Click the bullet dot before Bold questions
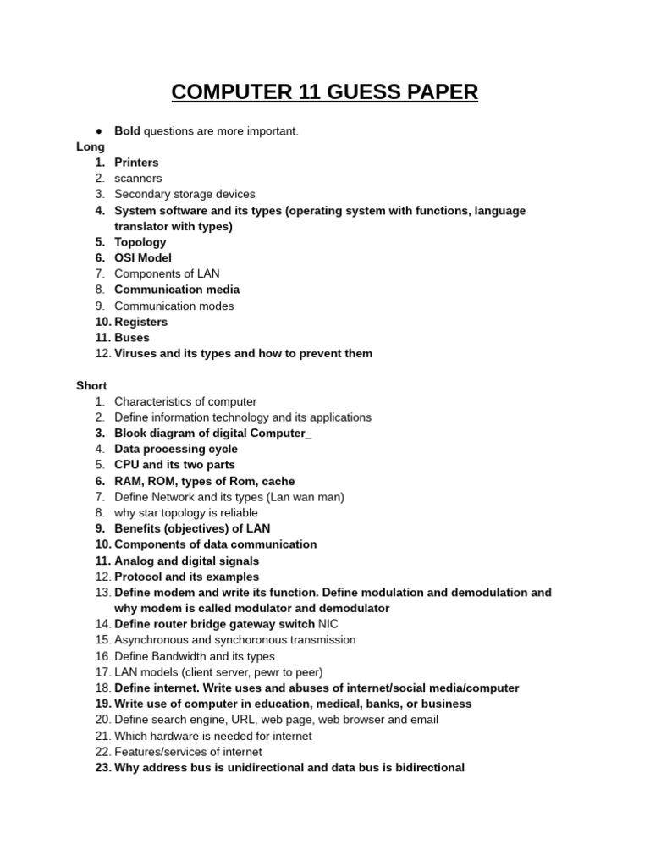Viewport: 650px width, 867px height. coord(100,131)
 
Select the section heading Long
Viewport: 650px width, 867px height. coord(91,146)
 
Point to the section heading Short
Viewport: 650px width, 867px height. coord(91,385)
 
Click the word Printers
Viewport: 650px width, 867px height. coord(136,163)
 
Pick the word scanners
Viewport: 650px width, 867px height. coord(138,179)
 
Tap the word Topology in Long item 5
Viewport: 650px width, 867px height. coord(140,242)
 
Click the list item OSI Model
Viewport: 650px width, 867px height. coord(143,257)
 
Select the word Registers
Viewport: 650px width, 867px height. coord(140,322)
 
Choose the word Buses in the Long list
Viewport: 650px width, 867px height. coord(132,337)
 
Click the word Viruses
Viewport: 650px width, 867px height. coord(136,353)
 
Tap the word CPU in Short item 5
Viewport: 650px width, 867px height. coord(127,465)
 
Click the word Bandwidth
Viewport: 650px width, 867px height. coord(181,656)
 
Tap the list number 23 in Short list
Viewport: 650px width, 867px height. coord(102,768)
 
